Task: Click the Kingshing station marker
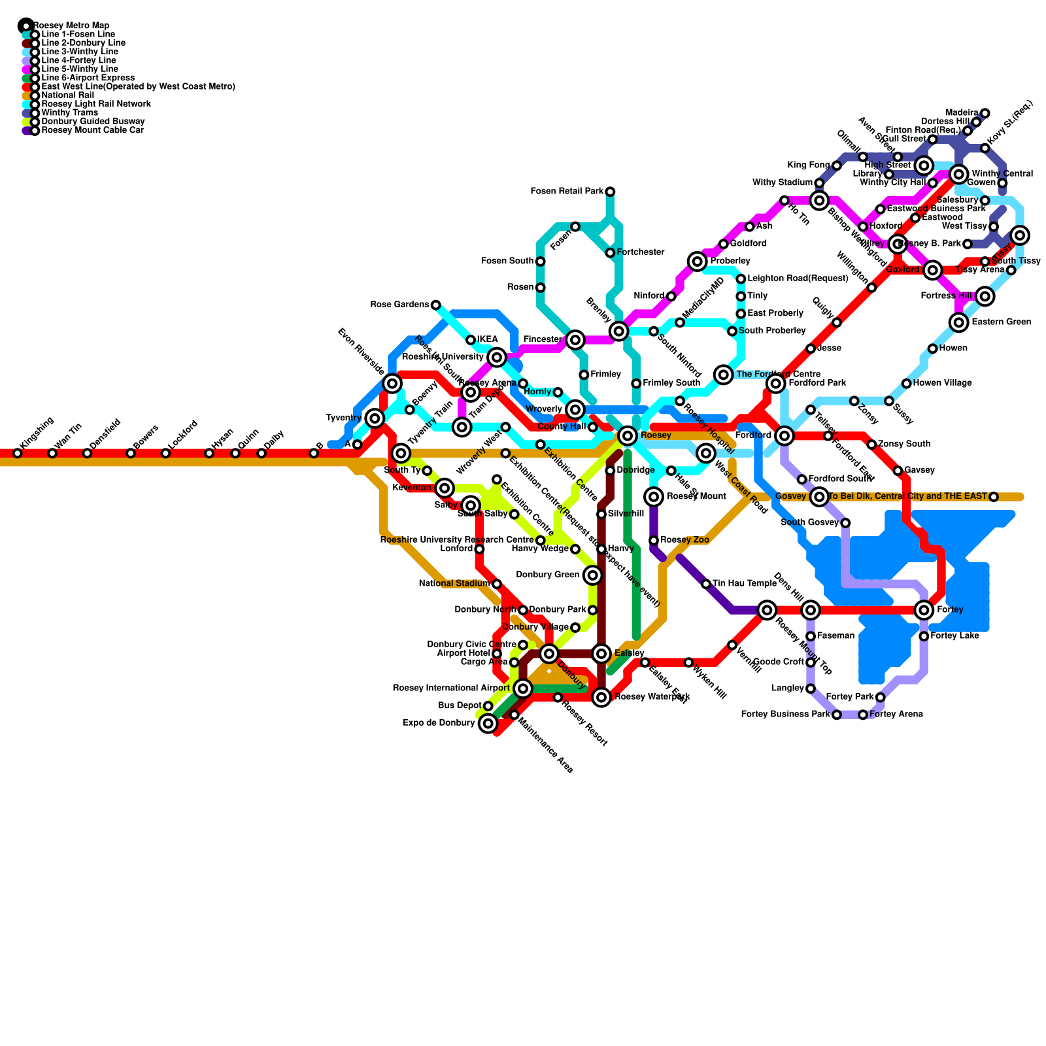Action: (x=18, y=453)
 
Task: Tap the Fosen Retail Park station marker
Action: (x=610, y=192)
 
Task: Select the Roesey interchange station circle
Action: (x=628, y=435)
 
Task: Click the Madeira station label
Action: (x=962, y=113)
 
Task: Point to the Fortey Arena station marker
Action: (x=863, y=715)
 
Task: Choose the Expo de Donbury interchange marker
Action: (x=488, y=724)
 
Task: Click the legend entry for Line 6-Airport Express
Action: (x=88, y=78)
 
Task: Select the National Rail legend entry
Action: (x=67, y=95)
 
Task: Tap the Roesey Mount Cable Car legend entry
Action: (x=92, y=130)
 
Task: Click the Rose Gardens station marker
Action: (x=436, y=305)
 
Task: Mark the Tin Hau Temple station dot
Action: (x=706, y=584)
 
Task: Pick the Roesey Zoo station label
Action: (x=684, y=540)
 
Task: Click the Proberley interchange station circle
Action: (x=698, y=261)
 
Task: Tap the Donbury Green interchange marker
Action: (x=592, y=575)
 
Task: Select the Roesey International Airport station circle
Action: (x=522, y=688)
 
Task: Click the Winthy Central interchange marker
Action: (x=959, y=174)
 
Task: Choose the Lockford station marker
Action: (x=165, y=453)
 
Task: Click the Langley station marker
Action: (x=811, y=688)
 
